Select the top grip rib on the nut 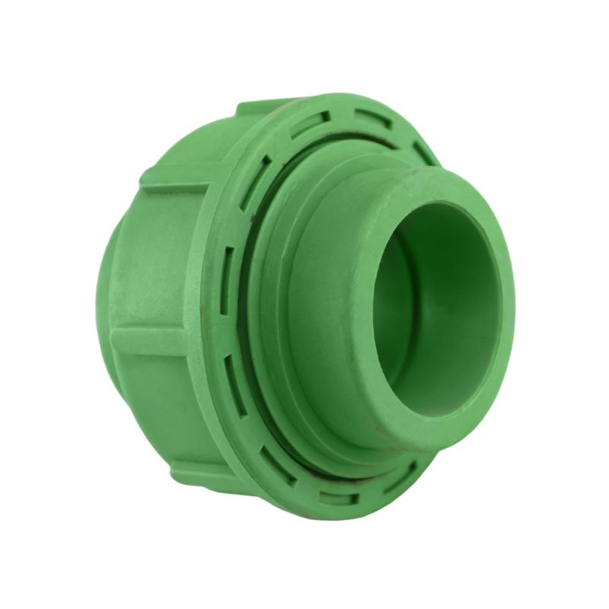coord(263,107)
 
